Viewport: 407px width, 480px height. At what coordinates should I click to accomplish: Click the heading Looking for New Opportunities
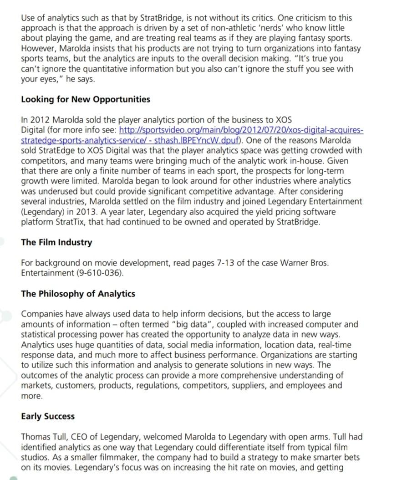(86, 99)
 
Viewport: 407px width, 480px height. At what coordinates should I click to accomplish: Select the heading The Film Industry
(56, 242)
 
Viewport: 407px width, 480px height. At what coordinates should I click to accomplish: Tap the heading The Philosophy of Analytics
(78, 294)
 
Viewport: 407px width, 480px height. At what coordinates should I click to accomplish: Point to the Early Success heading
(48, 416)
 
